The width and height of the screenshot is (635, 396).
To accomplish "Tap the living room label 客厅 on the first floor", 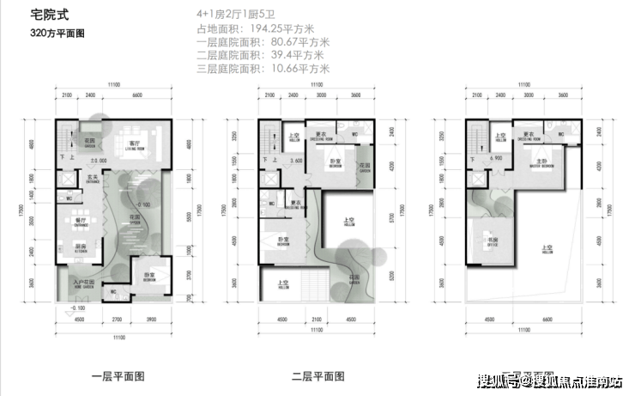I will coord(134,143).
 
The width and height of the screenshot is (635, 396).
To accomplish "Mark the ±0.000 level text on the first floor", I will coord(95,161).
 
